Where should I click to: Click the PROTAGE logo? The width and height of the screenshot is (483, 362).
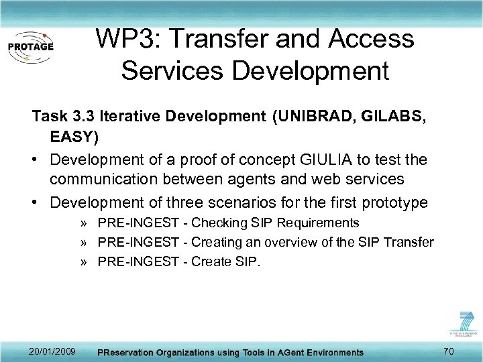coord(31,46)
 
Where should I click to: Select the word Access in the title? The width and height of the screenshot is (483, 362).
coord(371,39)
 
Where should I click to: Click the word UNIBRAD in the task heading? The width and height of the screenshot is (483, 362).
coord(315,117)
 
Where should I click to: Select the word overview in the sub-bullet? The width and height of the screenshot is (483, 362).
coord(316,242)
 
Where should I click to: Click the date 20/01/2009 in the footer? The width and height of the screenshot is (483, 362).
coord(53,351)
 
